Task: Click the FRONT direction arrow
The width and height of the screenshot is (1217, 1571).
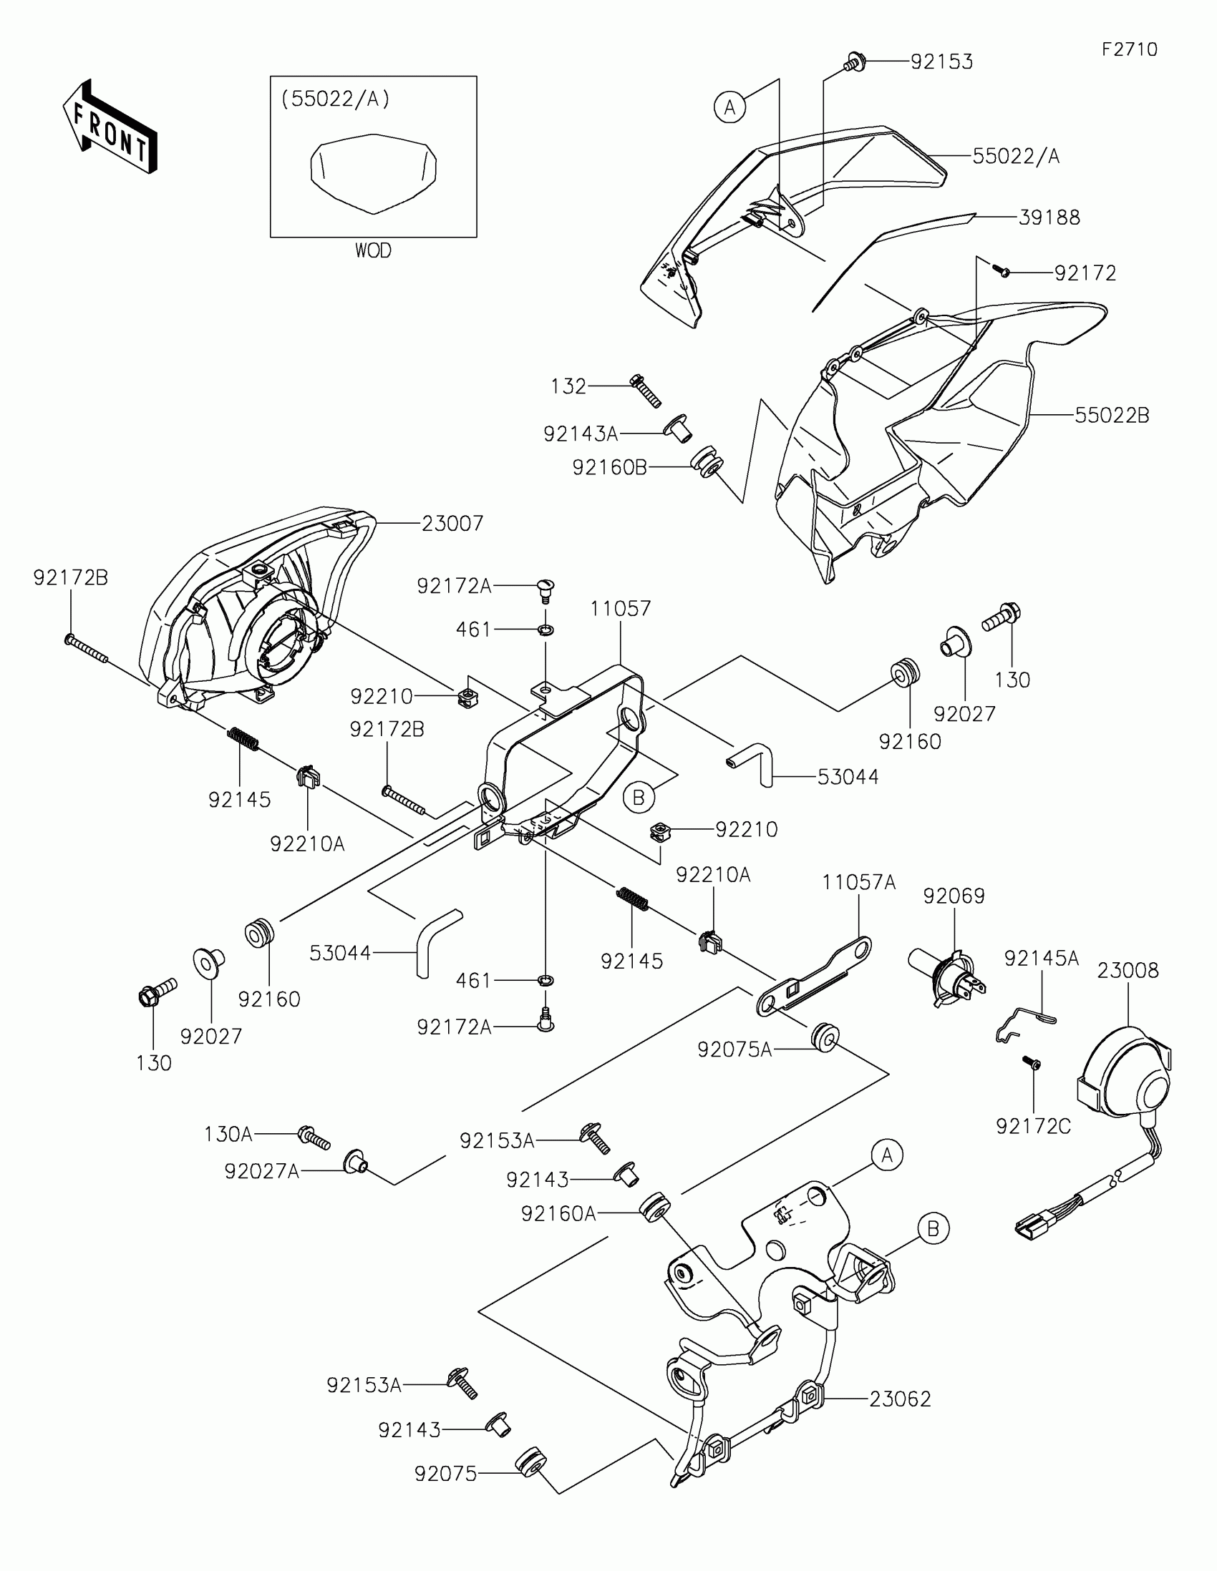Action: [x=110, y=127]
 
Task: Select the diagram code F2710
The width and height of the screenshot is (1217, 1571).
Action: [x=1129, y=49]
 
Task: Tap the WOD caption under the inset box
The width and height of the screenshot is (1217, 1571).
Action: [x=373, y=251]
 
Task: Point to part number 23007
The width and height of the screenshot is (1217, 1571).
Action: [x=452, y=524]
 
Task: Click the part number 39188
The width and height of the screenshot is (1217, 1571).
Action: [x=1049, y=217]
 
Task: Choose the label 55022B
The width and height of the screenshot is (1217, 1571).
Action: [x=1112, y=415]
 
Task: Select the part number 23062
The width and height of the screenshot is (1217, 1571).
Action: [x=900, y=1399]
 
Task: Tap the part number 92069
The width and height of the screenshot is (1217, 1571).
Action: [x=954, y=896]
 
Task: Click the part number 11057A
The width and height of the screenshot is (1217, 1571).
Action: [x=859, y=882]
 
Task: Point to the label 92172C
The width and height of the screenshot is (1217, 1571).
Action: [x=1034, y=1127]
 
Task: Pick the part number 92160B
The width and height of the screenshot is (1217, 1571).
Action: [x=610, y=468]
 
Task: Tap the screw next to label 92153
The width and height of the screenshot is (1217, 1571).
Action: [x=854, y=62]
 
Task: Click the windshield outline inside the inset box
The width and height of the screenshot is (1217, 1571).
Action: [x=374, y=173]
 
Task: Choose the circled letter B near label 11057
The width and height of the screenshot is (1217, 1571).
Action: [x=639, y=797]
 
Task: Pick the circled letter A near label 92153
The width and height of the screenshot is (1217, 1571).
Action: [x=729, y=107]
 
